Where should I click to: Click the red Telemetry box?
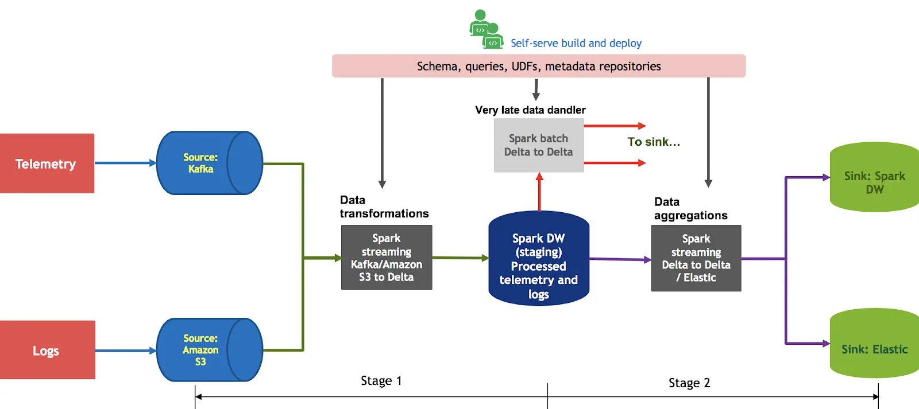(47, 163)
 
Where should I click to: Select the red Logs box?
(47, 350)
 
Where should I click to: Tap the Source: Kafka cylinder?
(209, 163)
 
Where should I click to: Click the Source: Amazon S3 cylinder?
(209, 350)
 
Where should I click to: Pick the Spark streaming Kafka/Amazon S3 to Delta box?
(387, 258)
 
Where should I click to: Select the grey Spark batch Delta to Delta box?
(539, 145)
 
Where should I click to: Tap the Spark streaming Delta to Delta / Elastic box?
(696, 258)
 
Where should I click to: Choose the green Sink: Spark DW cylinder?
(874, 177)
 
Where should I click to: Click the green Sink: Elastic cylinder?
(874, 344)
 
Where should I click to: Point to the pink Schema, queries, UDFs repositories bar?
(539, 66)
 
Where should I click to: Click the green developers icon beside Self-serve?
(486, 29)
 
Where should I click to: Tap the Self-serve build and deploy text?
(576, 43)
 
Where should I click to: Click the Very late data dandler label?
(530, 110)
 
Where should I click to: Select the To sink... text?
(654, 142)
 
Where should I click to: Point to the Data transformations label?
(384, 207)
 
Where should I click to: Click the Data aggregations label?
(690, 208)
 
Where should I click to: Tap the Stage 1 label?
(381, 381)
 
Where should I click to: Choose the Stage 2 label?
(689, 383)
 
